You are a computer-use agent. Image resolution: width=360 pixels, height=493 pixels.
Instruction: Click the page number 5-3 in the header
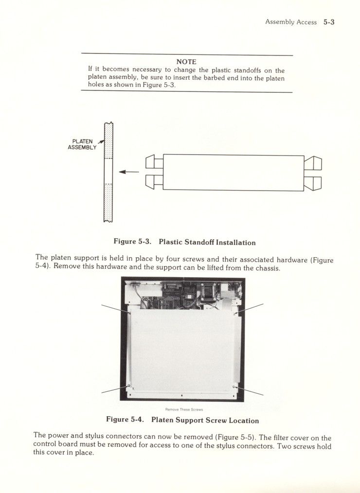click(329, 22)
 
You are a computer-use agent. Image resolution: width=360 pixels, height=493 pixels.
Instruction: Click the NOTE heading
click(186, 62)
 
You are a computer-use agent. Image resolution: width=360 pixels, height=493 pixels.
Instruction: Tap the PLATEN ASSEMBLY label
click(82, 144)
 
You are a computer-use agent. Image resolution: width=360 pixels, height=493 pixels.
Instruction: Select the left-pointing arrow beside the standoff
click(128, 172)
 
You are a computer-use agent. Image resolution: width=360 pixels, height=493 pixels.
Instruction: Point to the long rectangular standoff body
click(233, 173)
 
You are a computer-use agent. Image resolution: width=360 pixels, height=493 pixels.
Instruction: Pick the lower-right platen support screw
click(234, 387)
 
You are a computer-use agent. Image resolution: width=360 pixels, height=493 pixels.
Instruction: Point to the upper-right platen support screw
click(235, 314)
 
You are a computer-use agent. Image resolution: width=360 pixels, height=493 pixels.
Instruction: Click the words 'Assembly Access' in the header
click(290, 22)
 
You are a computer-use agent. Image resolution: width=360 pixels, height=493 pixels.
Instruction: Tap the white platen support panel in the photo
click(182, 350)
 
